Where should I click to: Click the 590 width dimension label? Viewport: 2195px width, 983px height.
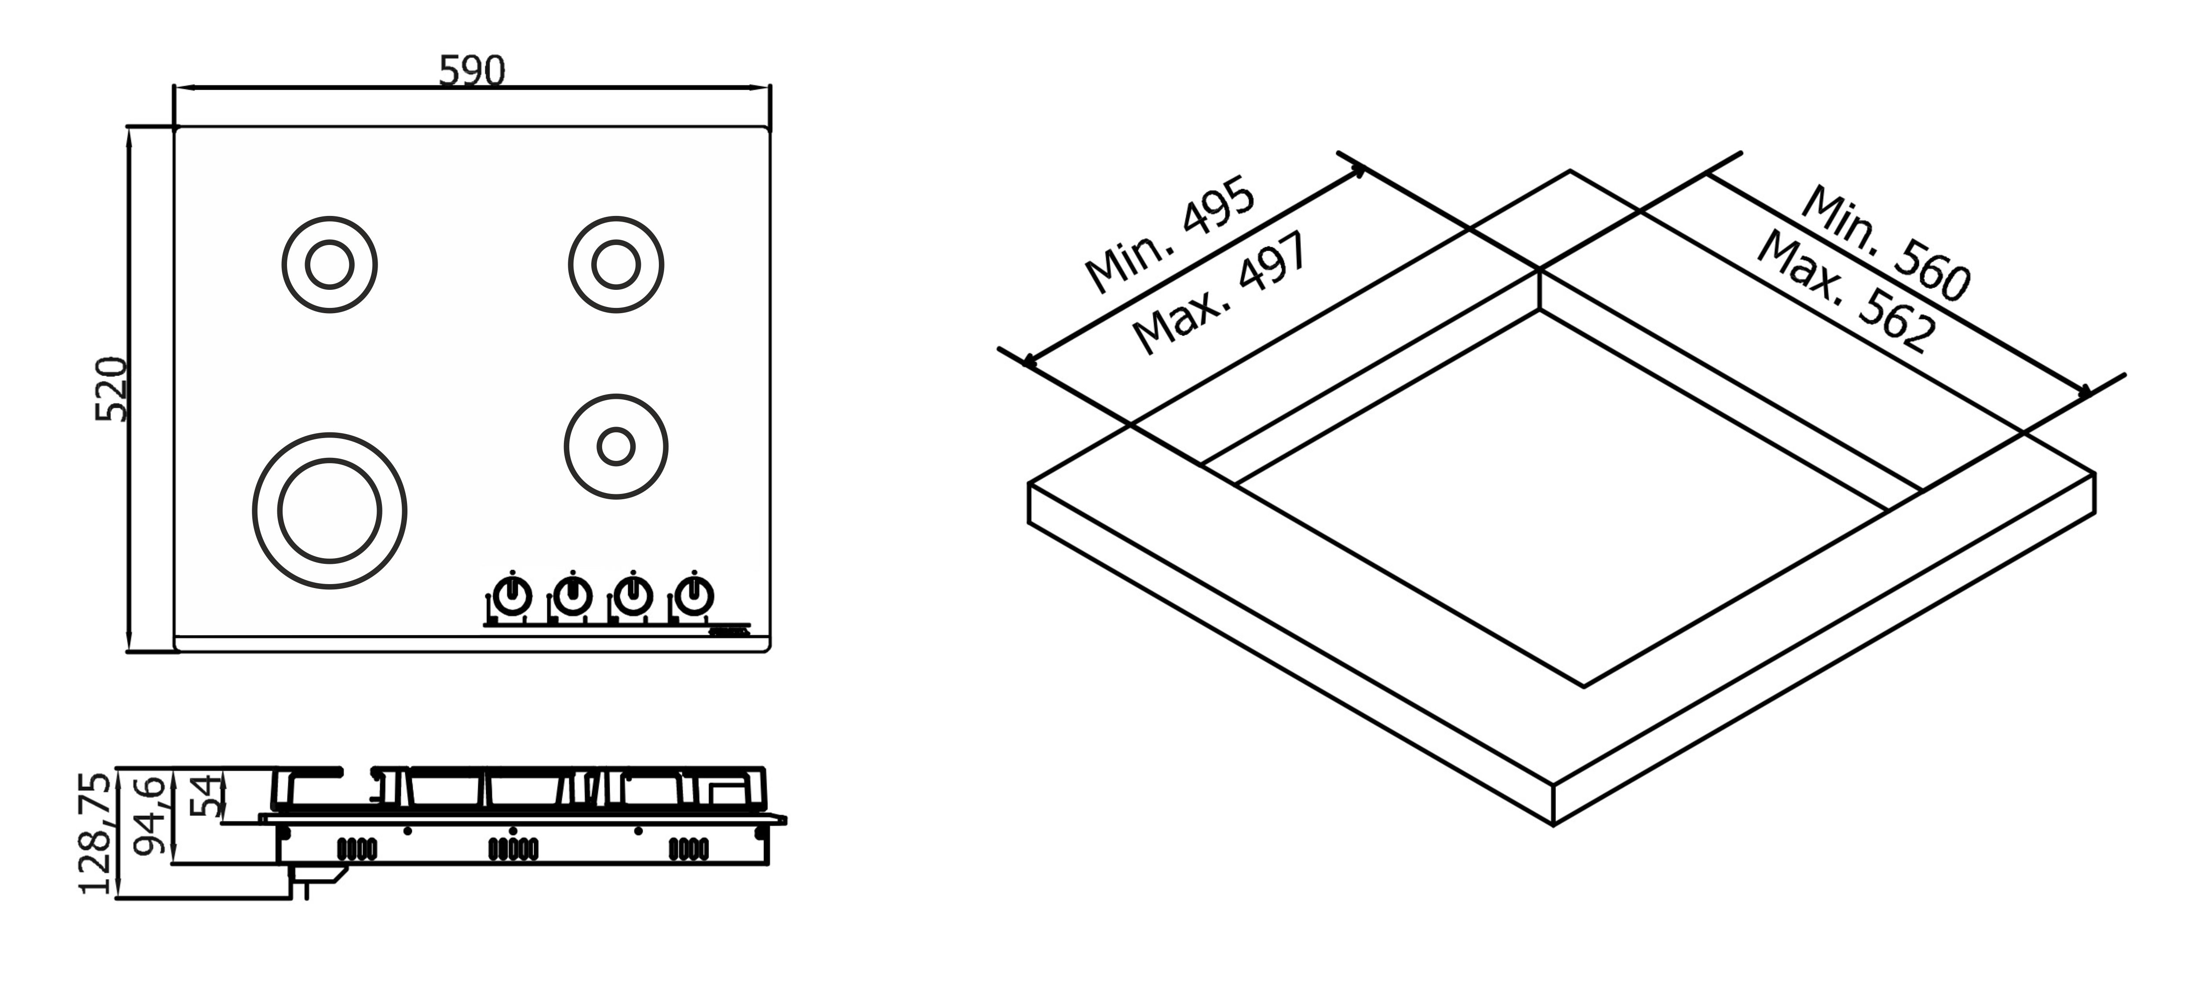coord(472,72)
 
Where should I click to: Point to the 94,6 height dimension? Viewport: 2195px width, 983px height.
coord(151,814)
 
